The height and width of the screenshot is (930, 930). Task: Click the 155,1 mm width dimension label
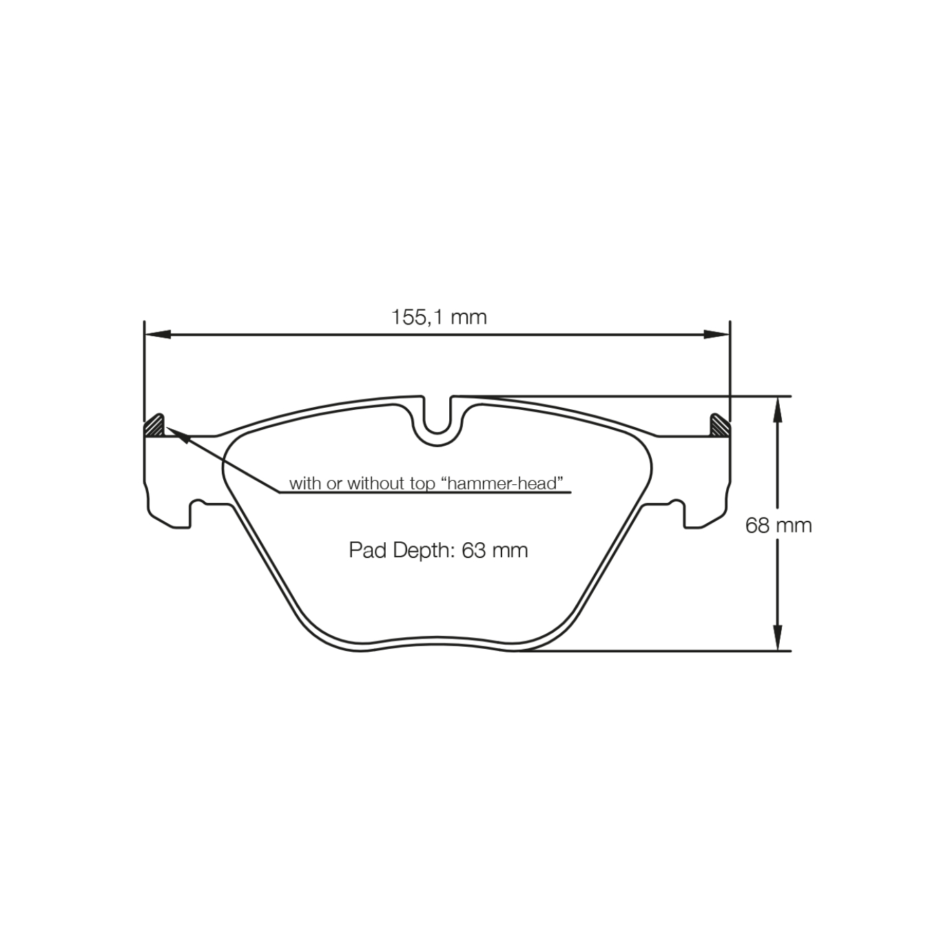click(439, 317)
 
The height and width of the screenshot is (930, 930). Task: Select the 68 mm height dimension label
click(778, 526)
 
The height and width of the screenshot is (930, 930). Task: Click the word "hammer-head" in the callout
click(502, 484)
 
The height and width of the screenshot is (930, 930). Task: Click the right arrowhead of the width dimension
click(716, 335)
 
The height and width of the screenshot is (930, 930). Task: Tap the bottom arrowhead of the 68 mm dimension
click(778, 637)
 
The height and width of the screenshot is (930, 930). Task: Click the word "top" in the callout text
click(424, 484)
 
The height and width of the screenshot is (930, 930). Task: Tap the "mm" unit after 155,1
click(469, 318)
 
